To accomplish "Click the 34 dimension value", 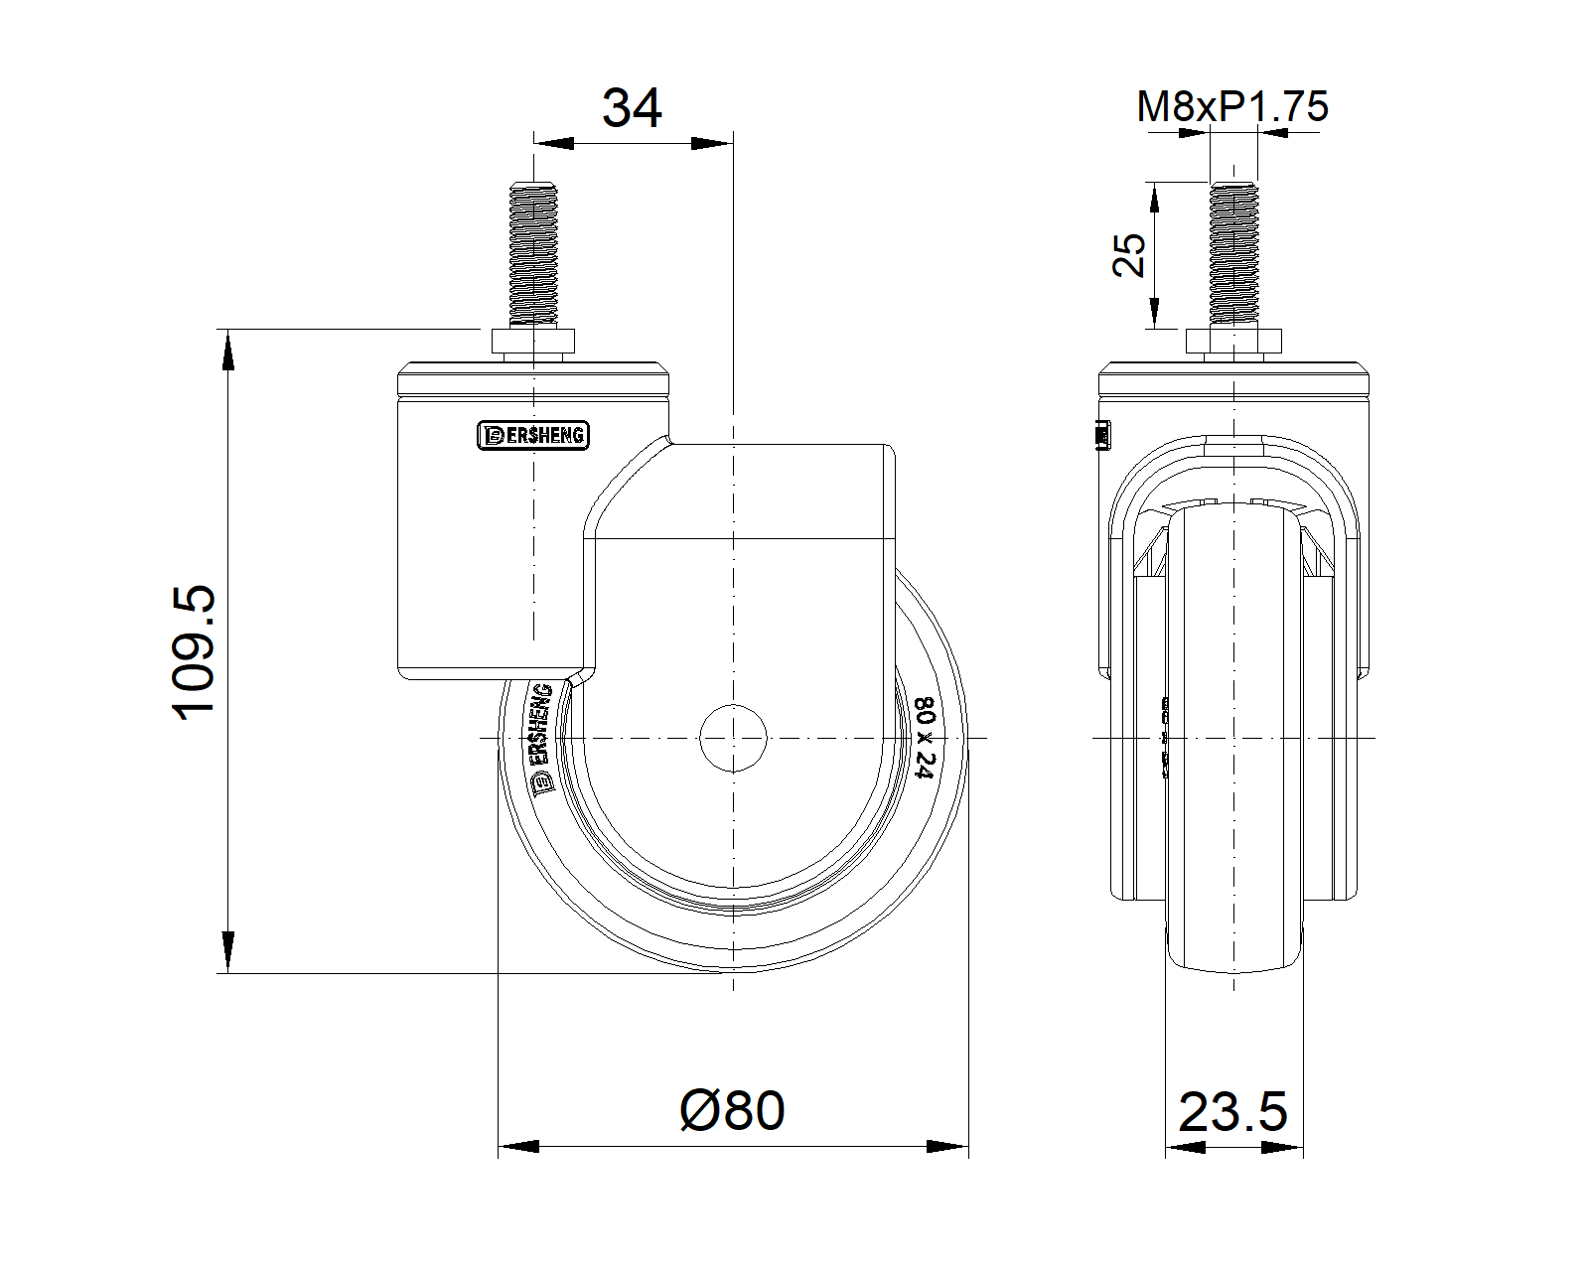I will (632, 108).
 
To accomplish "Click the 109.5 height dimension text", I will (195, 651).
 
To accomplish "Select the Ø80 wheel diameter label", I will (732, 1110).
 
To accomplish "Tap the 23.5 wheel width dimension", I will (1232, 1112).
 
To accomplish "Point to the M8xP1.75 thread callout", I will (1231, 106).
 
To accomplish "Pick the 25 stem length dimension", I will (1130, 254).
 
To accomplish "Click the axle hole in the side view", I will (733, 737).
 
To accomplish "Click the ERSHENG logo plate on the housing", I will (533, 435).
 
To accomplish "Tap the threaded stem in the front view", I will (1233, 254).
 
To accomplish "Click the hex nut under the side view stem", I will (533, 344).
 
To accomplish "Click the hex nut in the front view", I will (1233, 344).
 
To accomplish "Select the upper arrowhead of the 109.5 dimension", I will (228, 348).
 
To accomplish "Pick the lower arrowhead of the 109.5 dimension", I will (228, 953).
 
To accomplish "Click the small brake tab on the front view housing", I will (1100, 435).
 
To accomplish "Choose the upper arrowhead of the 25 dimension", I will (1154, 199).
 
